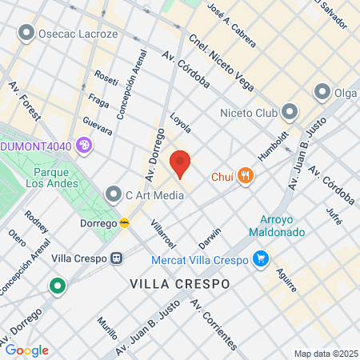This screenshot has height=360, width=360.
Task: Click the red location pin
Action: tap(181, 164)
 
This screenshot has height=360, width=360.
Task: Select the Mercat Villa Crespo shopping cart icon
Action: tap(260, 258)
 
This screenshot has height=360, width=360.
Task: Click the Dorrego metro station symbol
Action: tap(125, 222)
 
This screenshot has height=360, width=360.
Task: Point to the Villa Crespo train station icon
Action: tap(118, 258)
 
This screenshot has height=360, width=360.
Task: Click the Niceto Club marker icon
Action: tap(290, 112)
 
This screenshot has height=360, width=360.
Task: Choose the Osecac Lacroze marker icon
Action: tap(26, 34)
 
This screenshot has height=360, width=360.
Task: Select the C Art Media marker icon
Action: tap(115, 194)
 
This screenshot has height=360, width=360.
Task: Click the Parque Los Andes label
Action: tap(56, 177)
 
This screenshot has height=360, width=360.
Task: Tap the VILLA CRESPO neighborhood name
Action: tap(179, 284)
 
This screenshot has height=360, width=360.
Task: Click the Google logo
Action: tap(26, 350)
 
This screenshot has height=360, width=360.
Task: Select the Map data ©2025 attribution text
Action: tap(325, 354)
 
